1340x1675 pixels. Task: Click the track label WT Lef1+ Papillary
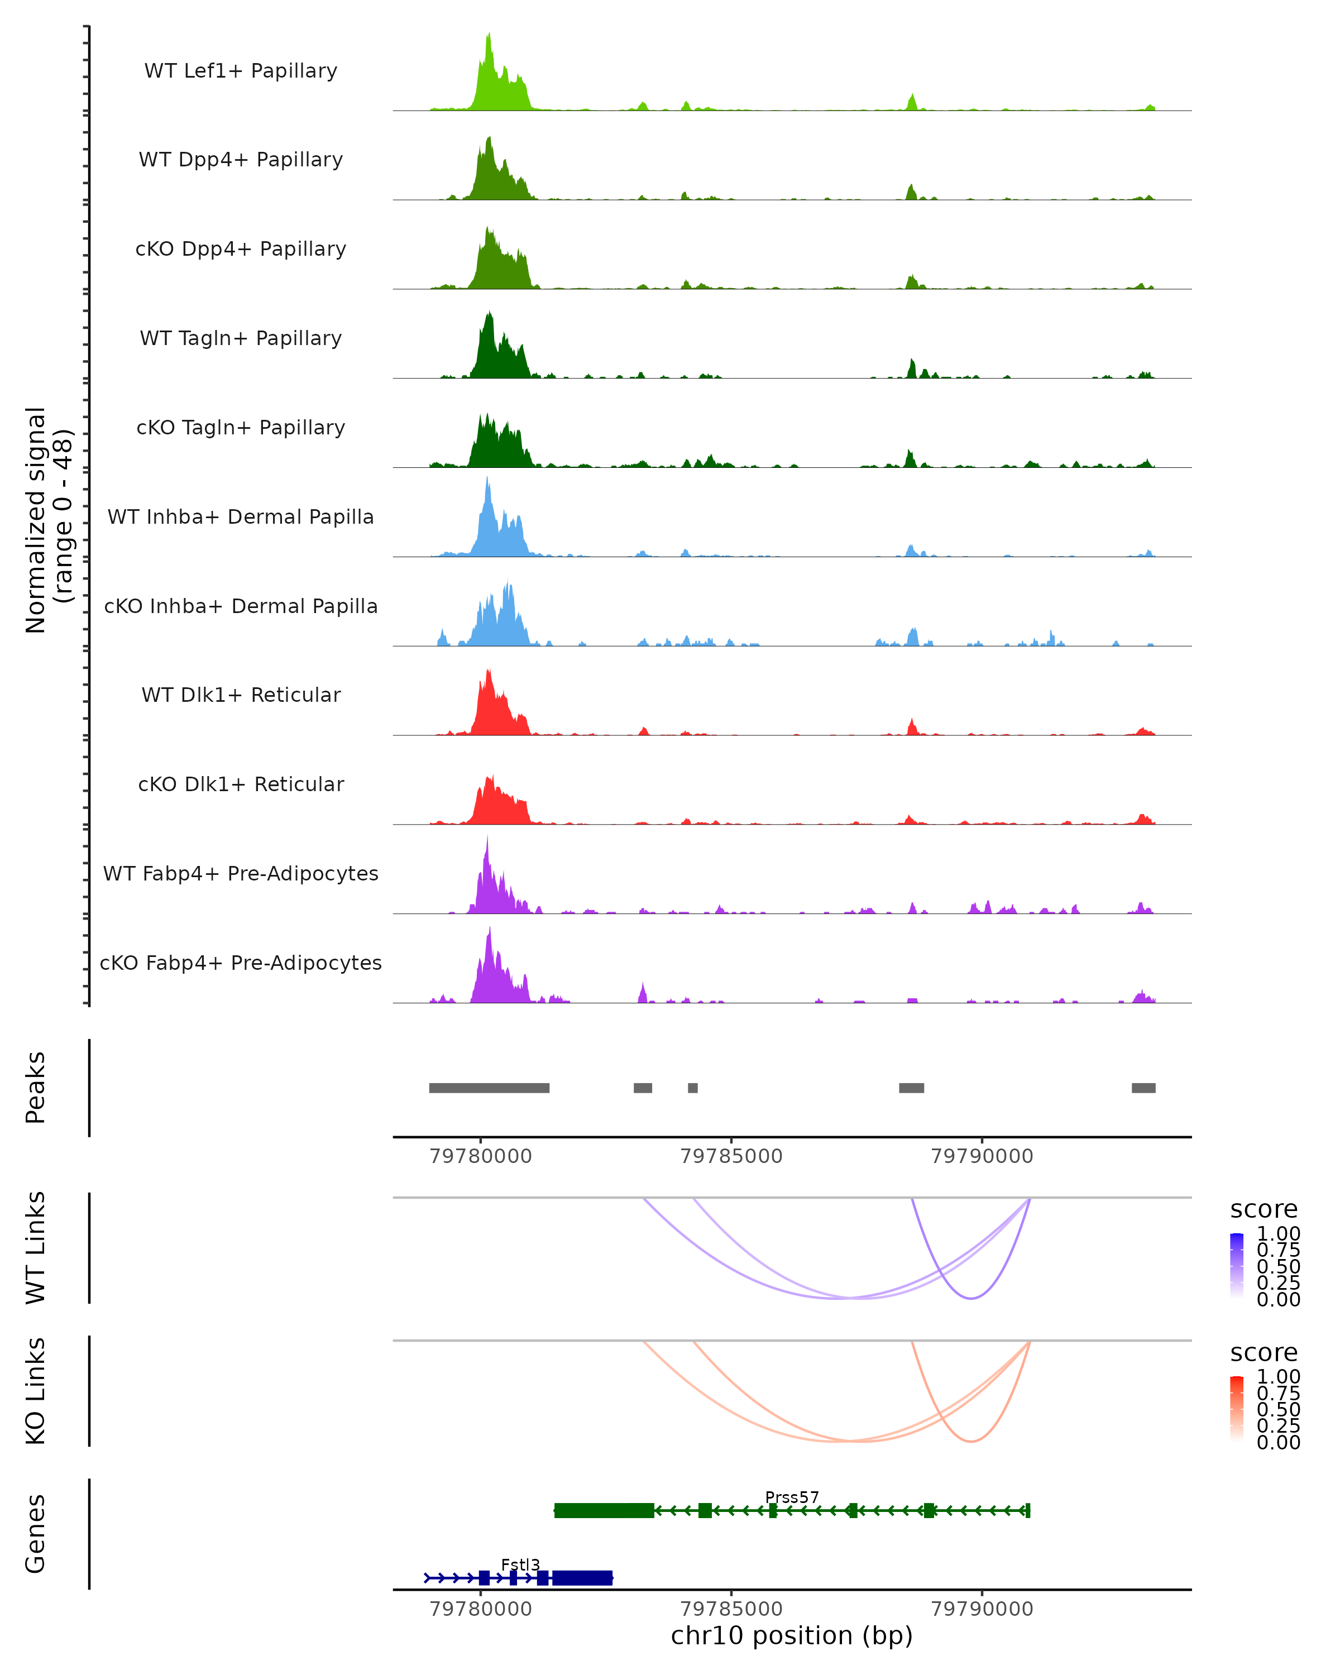[x=241, y=71]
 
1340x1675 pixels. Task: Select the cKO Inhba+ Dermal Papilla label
[x=241, y=606]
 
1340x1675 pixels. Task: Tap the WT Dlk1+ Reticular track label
[x=241, y=695]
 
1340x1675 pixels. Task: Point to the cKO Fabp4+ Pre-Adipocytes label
[x=241, y=963]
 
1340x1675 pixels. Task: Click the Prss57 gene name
[x=792, y=1497]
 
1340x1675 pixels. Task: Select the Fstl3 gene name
[x=520, y=1564]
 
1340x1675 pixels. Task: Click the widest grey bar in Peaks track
[x=490, y=1088]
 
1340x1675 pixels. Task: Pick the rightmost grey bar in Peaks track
[x=1143, y=1088]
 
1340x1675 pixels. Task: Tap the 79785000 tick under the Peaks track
[x=731, y=1156]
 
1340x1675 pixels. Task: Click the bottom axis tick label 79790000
[x=982, y=1609]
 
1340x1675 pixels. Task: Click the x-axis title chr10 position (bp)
[x=792, y=1636]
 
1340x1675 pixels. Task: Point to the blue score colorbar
[x=1237, y=1266]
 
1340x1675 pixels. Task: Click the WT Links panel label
[x=36, y=1248]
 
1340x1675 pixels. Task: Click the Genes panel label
[x=36, y=1534]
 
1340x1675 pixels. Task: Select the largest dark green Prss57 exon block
[x=604, y=1511]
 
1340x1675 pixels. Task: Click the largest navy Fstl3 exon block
[x=582, y=1578]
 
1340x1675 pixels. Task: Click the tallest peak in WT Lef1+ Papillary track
[x=489, y=36]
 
